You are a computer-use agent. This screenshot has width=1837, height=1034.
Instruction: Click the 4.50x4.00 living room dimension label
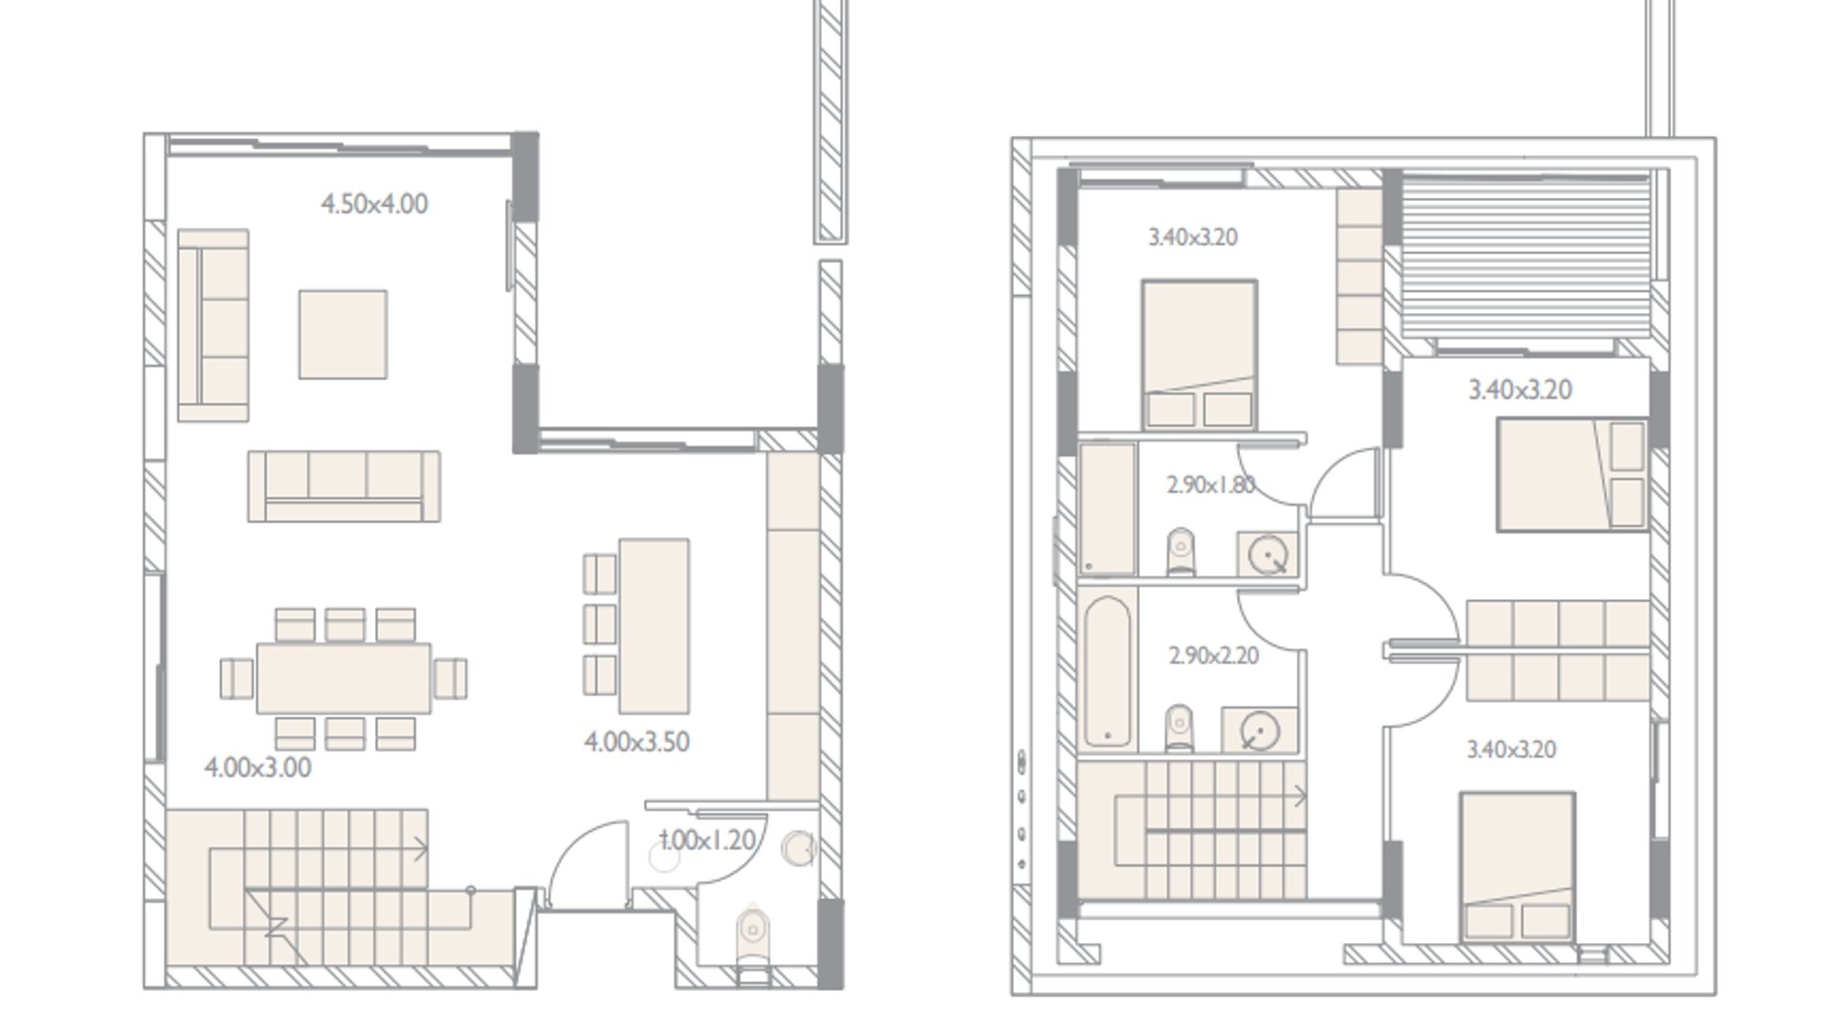pos(374,204)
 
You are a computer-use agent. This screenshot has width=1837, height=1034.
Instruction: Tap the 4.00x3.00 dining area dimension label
pos(257,768)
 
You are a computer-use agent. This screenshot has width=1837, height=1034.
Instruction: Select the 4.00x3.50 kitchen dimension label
pos(636,742)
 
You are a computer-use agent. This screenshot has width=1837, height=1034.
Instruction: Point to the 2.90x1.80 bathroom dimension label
pos(1210,485)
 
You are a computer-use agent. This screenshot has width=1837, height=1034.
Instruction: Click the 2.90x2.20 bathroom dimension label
pos(1213,656)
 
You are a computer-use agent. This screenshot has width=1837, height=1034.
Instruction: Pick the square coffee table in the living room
pos(343,334)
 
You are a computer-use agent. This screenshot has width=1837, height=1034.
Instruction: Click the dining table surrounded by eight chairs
pos(343,678)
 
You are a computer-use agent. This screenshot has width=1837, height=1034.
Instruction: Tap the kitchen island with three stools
pos(654,626)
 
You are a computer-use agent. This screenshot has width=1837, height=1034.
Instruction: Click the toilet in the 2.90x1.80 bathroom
pos(1182,551)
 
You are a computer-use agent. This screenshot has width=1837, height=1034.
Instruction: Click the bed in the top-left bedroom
pos(1199,354)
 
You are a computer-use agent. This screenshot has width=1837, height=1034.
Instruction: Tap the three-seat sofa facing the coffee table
pos(344,486)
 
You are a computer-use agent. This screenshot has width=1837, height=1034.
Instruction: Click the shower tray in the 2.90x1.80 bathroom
pos(1108,509)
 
